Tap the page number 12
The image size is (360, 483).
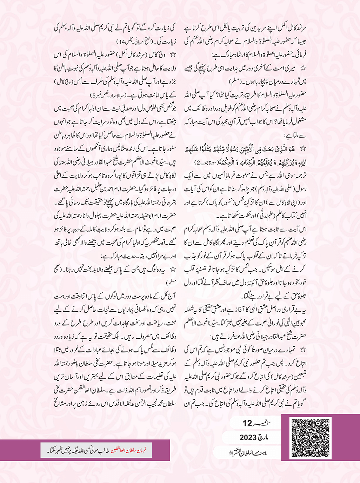248,423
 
